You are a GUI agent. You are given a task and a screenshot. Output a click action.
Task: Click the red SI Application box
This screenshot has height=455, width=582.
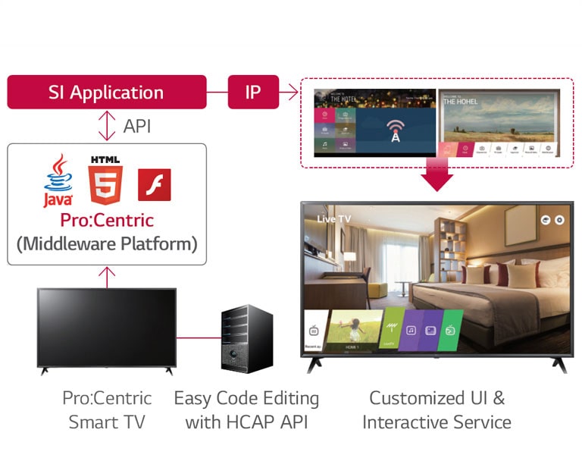(x=106, y=93)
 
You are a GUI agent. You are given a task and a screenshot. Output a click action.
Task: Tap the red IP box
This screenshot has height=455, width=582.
(x=253, y=93)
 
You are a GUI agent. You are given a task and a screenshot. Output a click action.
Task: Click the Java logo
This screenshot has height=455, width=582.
(x=58, y=180)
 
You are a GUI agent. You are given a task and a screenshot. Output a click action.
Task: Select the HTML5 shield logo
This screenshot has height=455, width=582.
(x=105, y=180)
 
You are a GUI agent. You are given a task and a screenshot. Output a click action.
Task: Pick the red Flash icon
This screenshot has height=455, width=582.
(x=154, y=184)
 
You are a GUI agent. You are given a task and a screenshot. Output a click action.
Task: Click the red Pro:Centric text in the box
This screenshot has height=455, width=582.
(x=106, y=221)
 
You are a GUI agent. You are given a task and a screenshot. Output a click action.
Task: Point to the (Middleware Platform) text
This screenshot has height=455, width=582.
(x=106, y=244)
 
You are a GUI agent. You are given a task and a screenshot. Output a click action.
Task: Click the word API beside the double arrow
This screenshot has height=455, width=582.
(x=136, y=126)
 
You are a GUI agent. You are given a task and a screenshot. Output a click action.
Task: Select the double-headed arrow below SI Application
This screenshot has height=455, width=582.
(x=107, y=126)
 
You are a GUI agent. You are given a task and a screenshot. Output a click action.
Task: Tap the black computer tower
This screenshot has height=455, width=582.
(x=247, y=338)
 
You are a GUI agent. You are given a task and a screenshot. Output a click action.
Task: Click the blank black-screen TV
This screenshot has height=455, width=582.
(x=106, y=328)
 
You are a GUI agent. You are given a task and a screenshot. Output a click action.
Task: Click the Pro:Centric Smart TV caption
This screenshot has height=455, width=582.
(x=106, y=410)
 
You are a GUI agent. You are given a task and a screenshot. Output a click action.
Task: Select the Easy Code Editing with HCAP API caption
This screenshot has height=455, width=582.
(x=246, y=410)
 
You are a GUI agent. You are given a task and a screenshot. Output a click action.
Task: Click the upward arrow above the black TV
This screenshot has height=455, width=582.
(x=107, y=277)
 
